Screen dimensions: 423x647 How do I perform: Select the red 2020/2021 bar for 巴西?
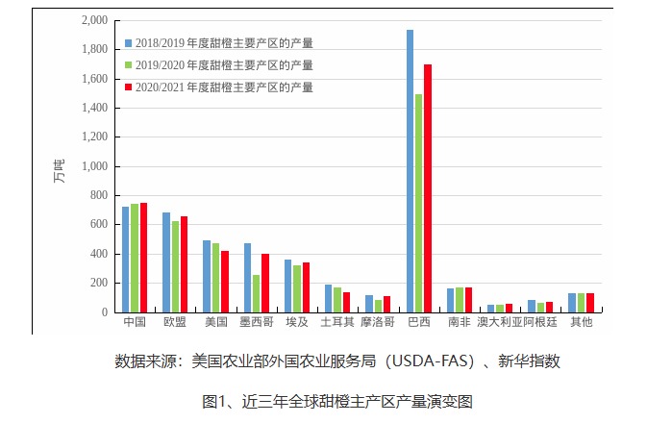click(x=428, y=188)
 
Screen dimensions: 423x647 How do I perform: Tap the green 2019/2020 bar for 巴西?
click(x=418, y=203)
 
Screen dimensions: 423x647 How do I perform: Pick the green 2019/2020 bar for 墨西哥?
click(x=256, y=294)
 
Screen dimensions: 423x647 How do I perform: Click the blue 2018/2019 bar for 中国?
click(x=126, y=260)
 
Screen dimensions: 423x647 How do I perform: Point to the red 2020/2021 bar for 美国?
click(x=225, y=282)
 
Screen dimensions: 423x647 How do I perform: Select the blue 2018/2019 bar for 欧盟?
click(x=166, y=262)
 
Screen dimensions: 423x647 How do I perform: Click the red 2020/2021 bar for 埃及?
click(x=306, y=287)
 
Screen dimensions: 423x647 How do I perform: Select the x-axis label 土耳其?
click(x=336, y=321)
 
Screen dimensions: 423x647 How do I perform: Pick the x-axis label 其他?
click(x=581, y=321)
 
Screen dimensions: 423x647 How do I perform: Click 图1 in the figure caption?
click(x=213, y=401)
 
